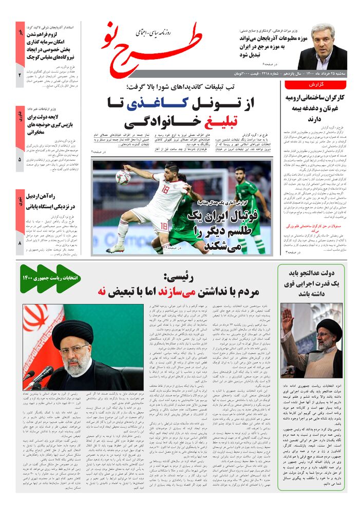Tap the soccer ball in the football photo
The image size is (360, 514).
124,177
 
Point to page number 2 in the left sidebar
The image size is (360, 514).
20,76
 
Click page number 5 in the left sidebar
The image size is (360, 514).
20,160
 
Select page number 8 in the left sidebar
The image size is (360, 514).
20,244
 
